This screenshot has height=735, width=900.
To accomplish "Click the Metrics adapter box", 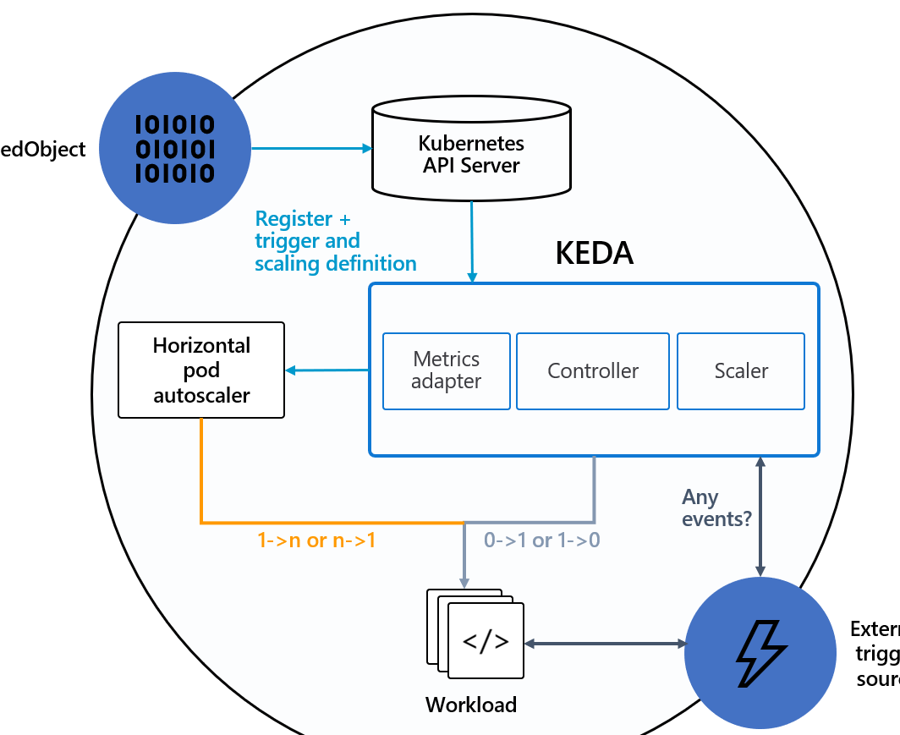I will click(x=447, y=370).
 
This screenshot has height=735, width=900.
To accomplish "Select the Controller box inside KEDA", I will click(x=593, y=370).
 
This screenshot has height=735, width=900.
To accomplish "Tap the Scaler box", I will click(x=741, y=370).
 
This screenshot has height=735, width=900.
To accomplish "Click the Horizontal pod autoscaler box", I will click(x=201, y=370).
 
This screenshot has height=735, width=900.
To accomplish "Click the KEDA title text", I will click(x=594, y=254).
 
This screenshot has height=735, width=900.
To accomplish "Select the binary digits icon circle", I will click(x=175, y=149).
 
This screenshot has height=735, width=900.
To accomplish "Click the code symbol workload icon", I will click(x=486, y=640).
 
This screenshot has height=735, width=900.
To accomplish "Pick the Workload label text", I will click(x=471, y=705).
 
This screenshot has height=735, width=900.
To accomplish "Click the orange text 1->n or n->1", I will click(x=316, y=540).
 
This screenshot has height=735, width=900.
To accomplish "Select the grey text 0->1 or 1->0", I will click(x=541, y=540).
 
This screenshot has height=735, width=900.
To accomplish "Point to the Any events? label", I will click(x=716, y=507).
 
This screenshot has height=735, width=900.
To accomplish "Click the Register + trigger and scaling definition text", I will click(x=335, y=241).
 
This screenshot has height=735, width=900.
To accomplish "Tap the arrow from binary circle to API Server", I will click(x=311, y=149).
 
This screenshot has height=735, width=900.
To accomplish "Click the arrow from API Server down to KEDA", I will click(x=472, y=240).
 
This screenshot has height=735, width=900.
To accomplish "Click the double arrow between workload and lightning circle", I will click(x=606, y=644).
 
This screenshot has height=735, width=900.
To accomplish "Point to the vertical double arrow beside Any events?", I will click(x=760, y=516).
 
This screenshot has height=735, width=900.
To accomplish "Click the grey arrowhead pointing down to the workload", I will click(x=464, y=582).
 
